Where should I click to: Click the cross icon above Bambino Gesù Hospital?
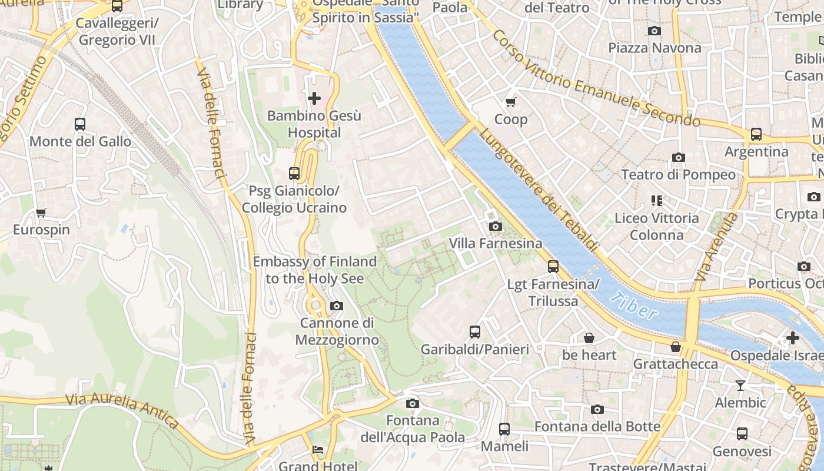point(314,98)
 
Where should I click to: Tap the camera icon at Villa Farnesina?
point(495,226)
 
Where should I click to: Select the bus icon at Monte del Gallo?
point(80,124)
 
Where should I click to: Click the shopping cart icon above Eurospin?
point(41,213)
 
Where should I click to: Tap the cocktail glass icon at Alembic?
point(740,386)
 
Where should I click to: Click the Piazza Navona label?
point(654,48)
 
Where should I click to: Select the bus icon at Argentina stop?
point(756,134)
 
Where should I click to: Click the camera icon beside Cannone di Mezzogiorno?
point(337,306)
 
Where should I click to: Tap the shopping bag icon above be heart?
point(589,338)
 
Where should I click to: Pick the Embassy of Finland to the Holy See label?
point(314,270)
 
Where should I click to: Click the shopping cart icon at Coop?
point(511,102)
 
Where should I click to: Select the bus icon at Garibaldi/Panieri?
point(475,332)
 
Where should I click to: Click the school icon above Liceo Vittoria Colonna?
point(657,201)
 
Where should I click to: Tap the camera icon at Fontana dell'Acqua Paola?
point(413,403)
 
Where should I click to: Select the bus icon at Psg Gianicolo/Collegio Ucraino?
point(294,174)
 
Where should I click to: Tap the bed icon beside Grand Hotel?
point(318,450)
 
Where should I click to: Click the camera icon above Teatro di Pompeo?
point(679,157)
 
